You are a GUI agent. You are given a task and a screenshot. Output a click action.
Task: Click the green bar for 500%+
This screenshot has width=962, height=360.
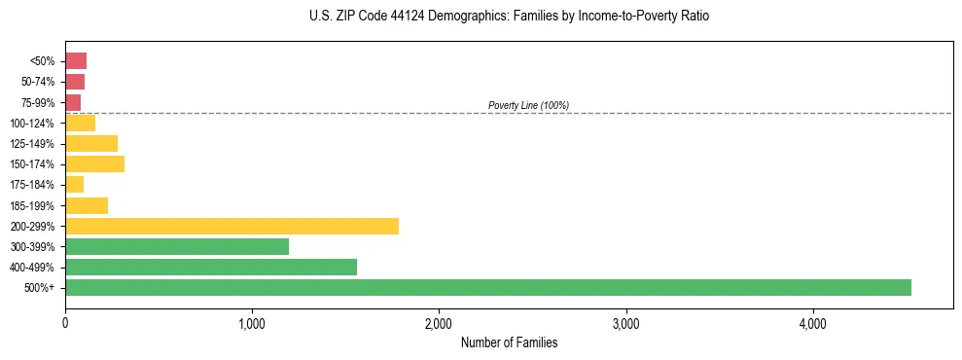click(x=487, y=287)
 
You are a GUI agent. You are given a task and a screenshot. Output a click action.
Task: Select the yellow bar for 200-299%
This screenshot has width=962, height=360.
click(x=232, y=226)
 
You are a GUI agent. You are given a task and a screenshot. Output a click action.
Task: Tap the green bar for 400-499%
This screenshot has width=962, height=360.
click(x=211, y=267)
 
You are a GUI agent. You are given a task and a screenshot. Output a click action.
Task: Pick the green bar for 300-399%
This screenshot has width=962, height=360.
click(x=177, y=246)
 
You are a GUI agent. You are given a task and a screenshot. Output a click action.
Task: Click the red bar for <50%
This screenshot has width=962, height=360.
click(x=76, y=60)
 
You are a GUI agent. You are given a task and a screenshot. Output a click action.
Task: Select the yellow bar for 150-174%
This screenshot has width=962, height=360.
click(x=94, y=163)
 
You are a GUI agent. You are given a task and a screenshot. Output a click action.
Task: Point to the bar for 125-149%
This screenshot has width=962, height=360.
click(x=91, y=143)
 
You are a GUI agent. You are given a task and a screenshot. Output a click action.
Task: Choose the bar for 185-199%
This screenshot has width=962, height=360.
click(x=87, y=205)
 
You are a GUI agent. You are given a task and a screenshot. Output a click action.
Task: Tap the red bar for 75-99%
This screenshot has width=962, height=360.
click(x=73, y=102)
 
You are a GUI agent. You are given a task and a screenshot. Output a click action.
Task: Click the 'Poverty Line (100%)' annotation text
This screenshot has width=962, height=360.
click(x=528, y=105)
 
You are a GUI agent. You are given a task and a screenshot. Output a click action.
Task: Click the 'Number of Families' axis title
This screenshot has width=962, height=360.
click(x=509, y=342)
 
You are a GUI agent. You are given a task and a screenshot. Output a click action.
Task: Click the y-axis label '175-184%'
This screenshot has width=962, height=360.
click(x=33, y=185)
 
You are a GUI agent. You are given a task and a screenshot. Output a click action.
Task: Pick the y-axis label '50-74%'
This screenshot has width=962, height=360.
click(x=38, y=82)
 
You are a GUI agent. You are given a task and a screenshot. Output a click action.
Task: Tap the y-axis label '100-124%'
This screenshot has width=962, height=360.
click(x=33, y=123)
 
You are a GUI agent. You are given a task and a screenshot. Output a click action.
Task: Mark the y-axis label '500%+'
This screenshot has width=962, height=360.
click(x=40, y=288)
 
